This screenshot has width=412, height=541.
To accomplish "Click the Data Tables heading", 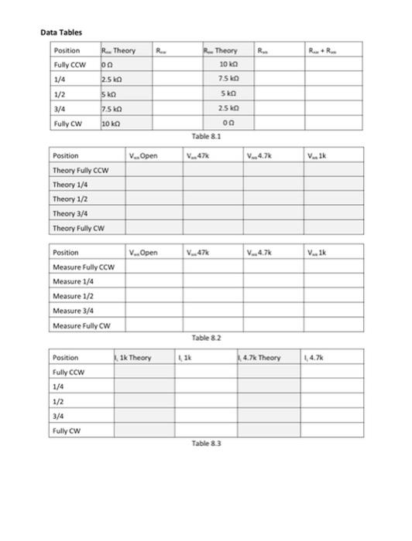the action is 61,32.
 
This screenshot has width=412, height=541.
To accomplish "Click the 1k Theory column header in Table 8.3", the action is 133,358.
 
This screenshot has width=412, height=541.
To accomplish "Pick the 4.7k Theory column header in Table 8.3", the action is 260,358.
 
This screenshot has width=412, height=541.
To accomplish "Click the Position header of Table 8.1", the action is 67,50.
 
